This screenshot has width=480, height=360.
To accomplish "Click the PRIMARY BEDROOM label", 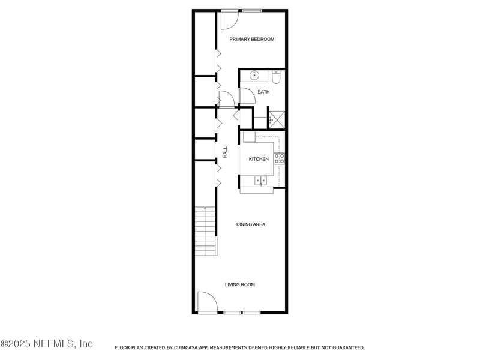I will coord(252,40).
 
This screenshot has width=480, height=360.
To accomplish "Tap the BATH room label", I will coord(263,92).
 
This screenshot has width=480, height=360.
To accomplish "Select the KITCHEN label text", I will coord(259,159).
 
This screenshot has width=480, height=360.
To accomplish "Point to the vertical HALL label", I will coord(225,152).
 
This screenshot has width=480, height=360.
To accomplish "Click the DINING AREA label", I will coord(250,224).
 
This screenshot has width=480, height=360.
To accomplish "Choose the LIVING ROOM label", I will coord(240,284).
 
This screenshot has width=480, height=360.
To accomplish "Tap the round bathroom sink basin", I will coord(254,76).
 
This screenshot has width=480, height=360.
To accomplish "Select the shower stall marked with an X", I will coord(277,119).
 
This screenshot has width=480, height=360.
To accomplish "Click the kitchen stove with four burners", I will coord(279,159).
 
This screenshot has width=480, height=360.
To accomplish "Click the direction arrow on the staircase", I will coord(205,209).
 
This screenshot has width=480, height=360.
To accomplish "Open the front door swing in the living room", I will coord(206,301).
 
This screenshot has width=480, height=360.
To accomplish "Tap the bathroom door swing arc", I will coord(246,96).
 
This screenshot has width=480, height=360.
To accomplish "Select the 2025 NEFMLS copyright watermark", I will coord(47,344).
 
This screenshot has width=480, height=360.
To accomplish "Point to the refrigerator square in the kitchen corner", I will coord(249,137).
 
